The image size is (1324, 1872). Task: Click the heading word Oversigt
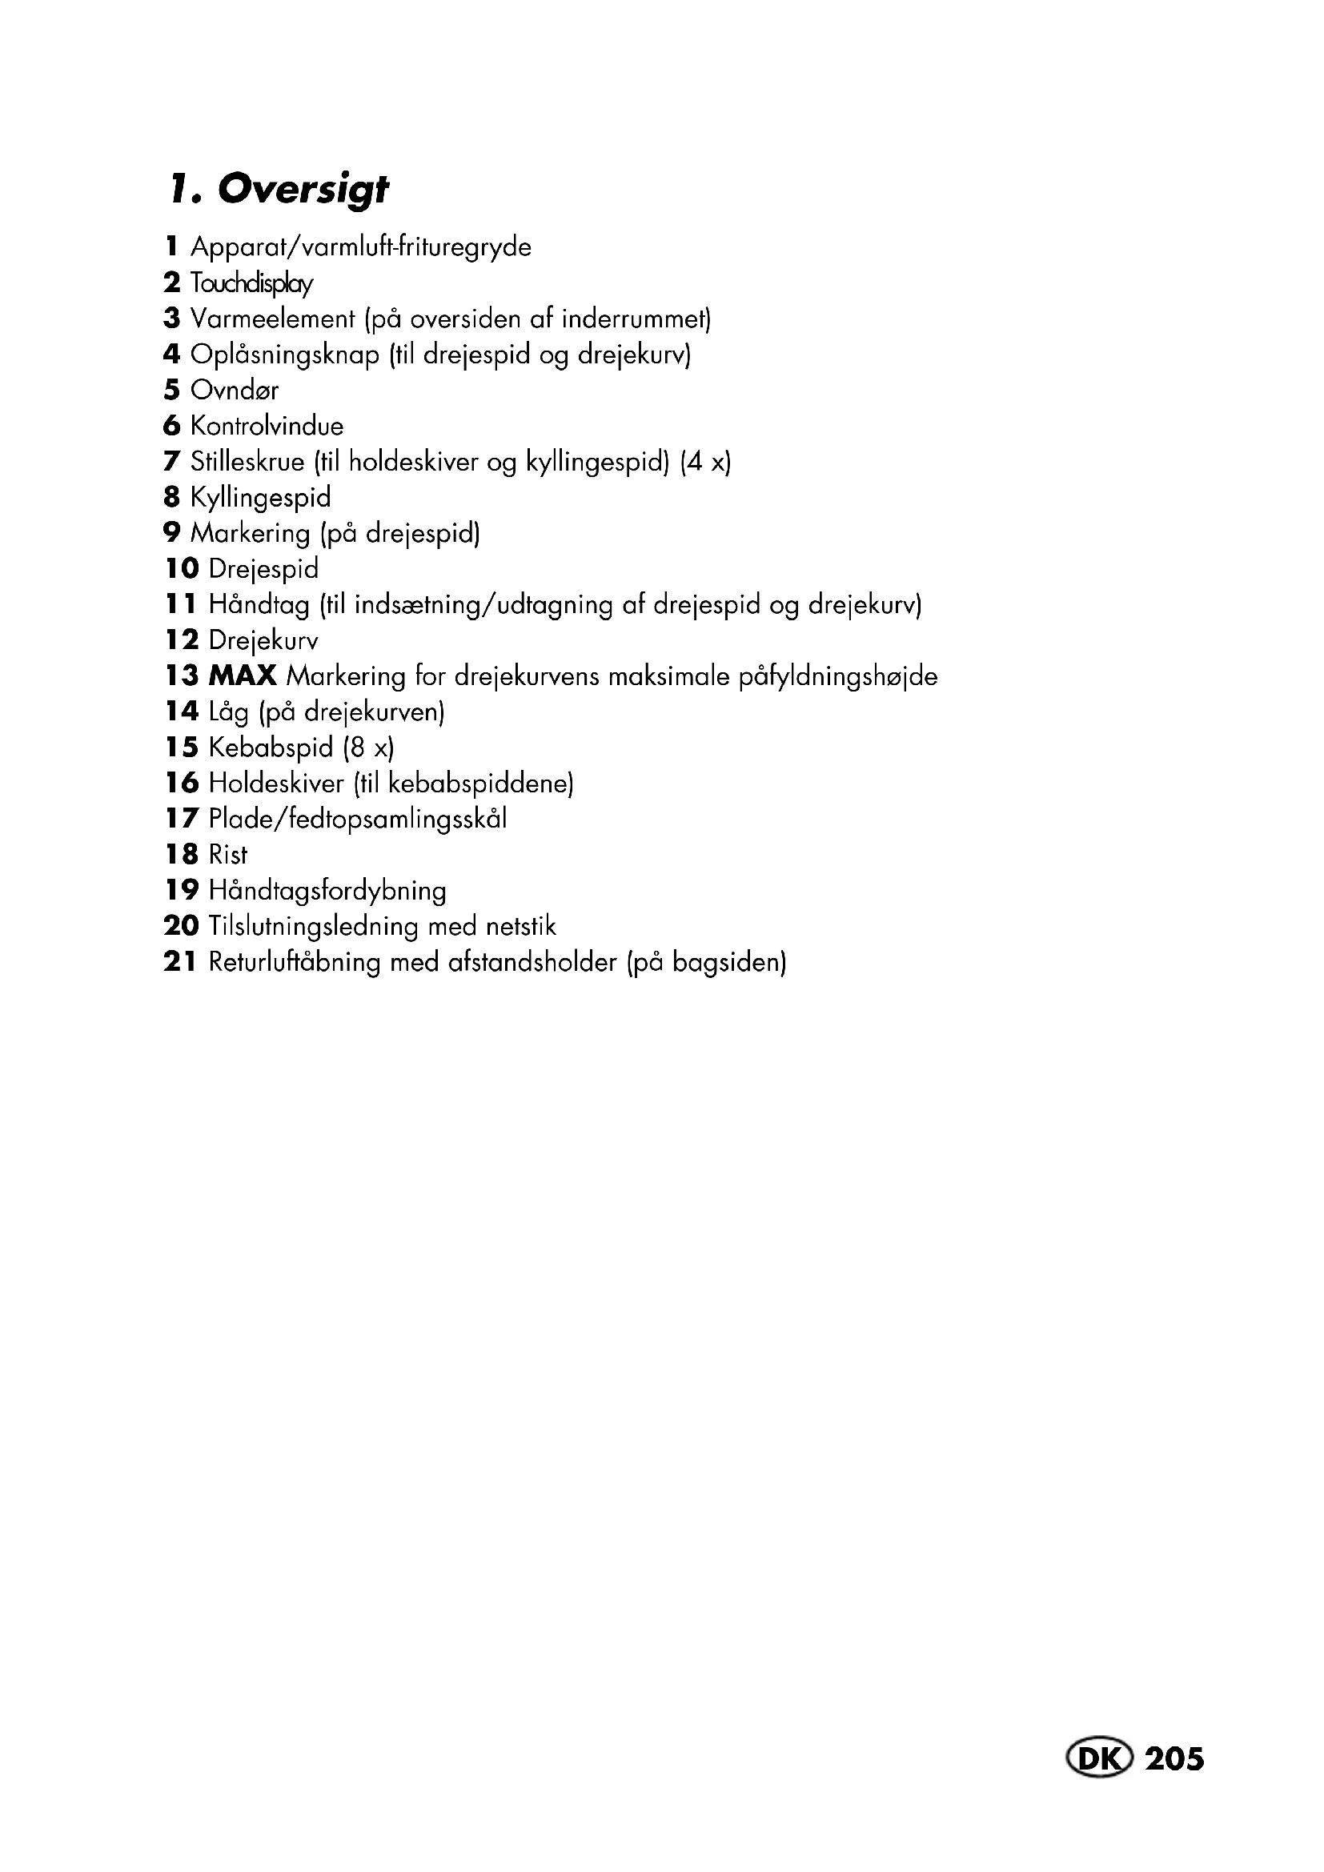[x=303, y=189]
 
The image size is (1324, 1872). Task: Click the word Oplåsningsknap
[x=284, y=355]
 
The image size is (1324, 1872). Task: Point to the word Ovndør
[x=235, y=391]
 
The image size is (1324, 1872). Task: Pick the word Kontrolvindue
[x=267, y=426]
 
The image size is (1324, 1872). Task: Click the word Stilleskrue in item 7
[x=247, y=462]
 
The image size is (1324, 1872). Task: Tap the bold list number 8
[x=171, y=496]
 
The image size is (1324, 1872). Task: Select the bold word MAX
[x=243, y=676]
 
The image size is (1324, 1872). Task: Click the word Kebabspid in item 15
[x=271, y=747]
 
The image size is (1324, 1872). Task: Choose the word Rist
[x=227, y=855]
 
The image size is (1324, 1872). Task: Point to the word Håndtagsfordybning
[x=327, y=890]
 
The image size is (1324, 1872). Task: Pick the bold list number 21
[x=180, y=962]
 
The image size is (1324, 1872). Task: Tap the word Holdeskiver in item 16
[x=276, y=784]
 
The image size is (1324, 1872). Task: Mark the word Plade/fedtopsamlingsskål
[x=358, y=819]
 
